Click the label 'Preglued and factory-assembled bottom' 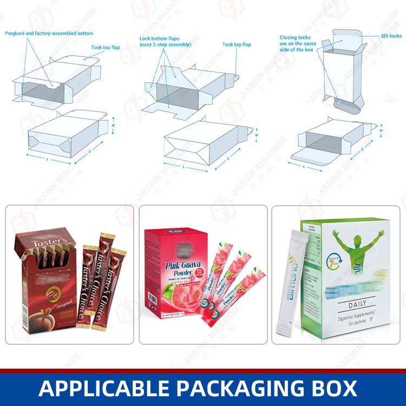(x=49, y=33)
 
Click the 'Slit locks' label (x=391, y=36)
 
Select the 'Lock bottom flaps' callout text (x=165, y=41)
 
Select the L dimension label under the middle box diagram (x=184, y=167)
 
